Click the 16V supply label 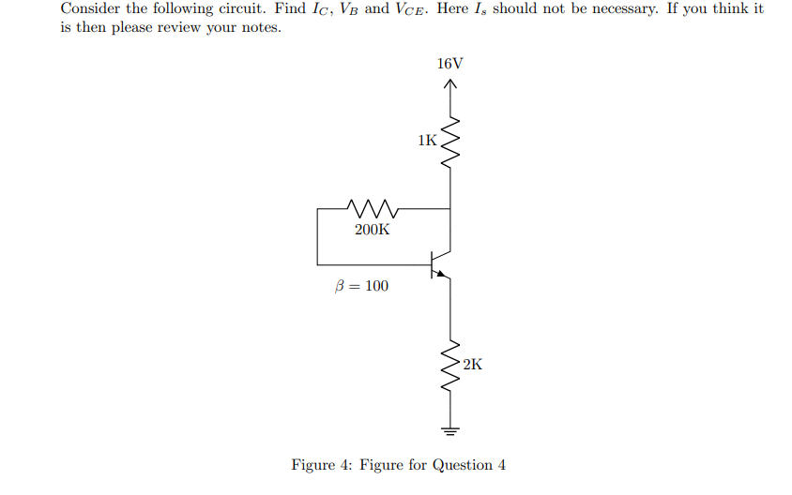(450, 64)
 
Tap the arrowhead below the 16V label (450, 85)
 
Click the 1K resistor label (427, 142)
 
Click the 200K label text (373, 229)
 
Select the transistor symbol (439, 264)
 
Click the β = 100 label (361, 286)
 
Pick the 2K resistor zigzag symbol (450, 367)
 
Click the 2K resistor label (472, 364)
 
